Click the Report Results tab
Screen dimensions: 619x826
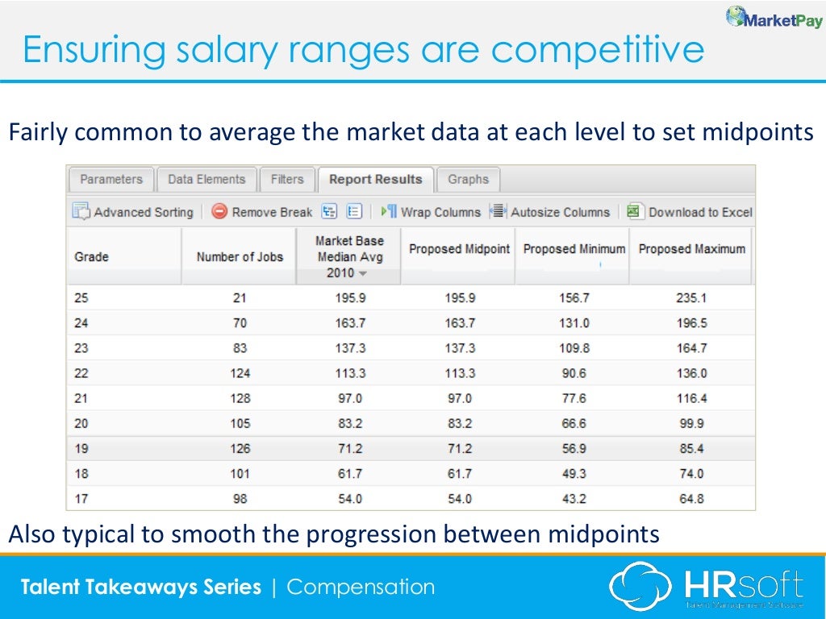(x=375, y=180)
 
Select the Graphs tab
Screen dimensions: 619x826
(x=468, y=180)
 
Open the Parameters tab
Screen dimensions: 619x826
(x=111, y=180)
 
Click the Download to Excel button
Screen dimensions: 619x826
(x=690, y=212)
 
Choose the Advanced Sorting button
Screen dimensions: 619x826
(x=133, y=212)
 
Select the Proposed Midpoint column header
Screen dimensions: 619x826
(x=459, y=249)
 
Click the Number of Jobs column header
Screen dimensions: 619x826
(x=240, y=256)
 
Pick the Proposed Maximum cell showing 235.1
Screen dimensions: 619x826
(x=691, y=297)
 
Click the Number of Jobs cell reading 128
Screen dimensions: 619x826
(x=240, y=398)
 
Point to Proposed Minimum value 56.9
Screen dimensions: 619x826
(x=574, y=448)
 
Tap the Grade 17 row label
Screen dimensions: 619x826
(x=81, y=499)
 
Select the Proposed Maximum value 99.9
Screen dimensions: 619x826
(x=691, y=423)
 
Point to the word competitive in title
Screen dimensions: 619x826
(x=598, y=50)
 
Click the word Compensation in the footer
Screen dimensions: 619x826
(x=361, y=587)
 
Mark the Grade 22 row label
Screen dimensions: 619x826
(x=81, y=373)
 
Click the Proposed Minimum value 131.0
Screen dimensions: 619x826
(x=574, y=322)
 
